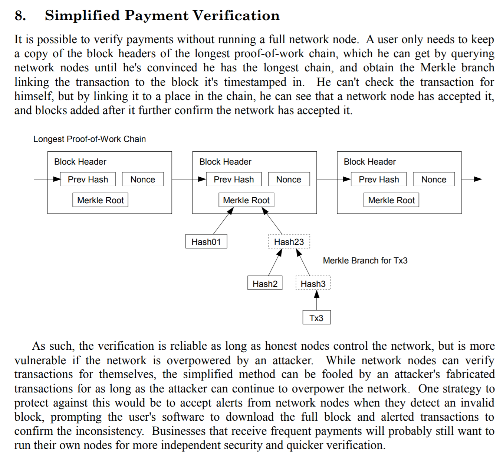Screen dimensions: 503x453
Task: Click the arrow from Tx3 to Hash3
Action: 317,300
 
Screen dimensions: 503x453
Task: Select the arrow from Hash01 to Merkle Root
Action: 223,221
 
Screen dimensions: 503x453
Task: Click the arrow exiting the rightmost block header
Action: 472,179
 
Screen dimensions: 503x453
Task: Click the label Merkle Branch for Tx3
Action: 365,261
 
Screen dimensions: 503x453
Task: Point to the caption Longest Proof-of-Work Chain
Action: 89,139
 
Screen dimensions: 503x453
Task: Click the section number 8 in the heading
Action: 20,16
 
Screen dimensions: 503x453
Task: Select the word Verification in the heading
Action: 236,16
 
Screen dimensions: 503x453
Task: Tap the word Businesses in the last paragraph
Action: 179,431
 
